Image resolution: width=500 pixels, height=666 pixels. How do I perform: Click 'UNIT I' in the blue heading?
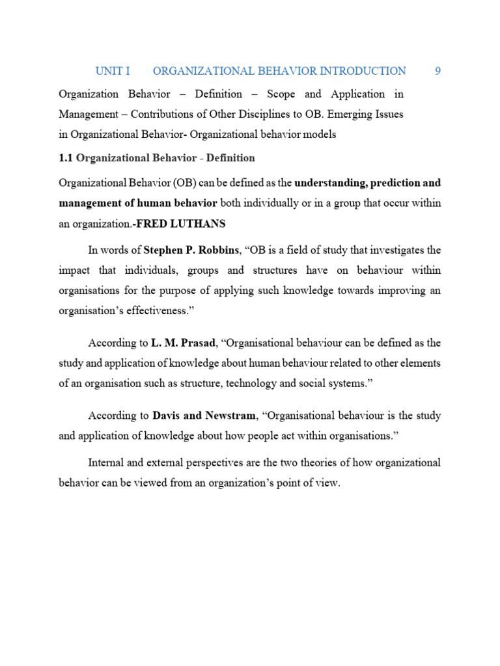113,71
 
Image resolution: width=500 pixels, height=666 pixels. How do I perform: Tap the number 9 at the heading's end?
437,71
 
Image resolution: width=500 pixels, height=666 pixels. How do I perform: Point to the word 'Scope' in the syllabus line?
281,94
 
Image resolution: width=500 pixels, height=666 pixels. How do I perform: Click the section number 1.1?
66,158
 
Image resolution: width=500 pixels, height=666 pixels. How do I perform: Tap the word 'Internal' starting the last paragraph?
107,463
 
